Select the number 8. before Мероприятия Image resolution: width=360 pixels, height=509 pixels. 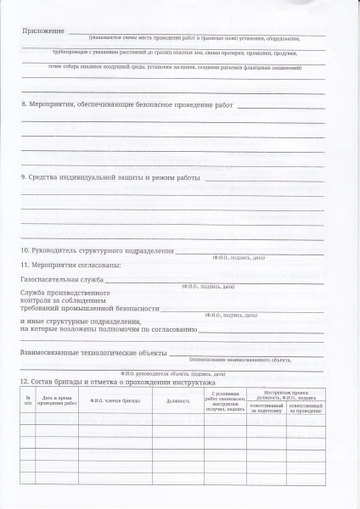[x=23, y=105]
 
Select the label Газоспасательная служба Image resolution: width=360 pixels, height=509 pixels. [x=61, y=279]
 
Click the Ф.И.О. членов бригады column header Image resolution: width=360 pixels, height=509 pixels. [x=115, y=402]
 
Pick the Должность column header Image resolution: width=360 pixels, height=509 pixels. [x=178, y=402]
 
